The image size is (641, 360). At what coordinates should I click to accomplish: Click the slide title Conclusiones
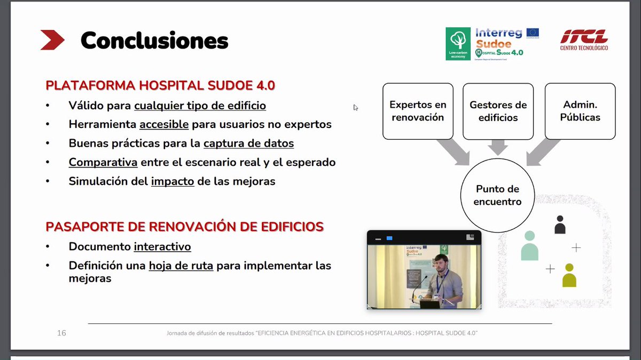pos(154,41)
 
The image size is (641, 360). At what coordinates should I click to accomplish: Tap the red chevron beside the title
pos(52,40)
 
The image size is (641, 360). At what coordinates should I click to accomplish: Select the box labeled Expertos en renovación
pos(418,111)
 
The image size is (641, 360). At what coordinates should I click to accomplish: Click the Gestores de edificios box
pos(498,111)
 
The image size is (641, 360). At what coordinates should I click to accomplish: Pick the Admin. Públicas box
pos(580,111)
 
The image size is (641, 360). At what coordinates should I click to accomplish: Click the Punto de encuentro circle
pos(498,195)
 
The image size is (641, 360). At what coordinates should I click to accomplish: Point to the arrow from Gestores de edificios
pos(498,147)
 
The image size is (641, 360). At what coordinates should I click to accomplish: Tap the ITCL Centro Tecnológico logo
pos(584,40)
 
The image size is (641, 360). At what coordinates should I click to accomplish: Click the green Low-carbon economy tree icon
pos(458,43)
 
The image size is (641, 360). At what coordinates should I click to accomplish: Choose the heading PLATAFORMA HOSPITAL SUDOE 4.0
pos(160,85)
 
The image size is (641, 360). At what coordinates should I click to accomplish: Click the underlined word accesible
pos(164,124)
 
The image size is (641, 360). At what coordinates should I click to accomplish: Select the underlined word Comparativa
pos(103,162)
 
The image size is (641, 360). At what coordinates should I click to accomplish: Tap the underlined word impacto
pos(173,181)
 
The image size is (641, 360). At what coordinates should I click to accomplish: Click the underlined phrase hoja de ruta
pos(181,266)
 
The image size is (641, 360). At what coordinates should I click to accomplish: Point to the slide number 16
pos(61,333)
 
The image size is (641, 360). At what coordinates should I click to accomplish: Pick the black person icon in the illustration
pos(560,225)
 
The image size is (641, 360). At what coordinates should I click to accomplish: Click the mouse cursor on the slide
pos(355,107)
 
